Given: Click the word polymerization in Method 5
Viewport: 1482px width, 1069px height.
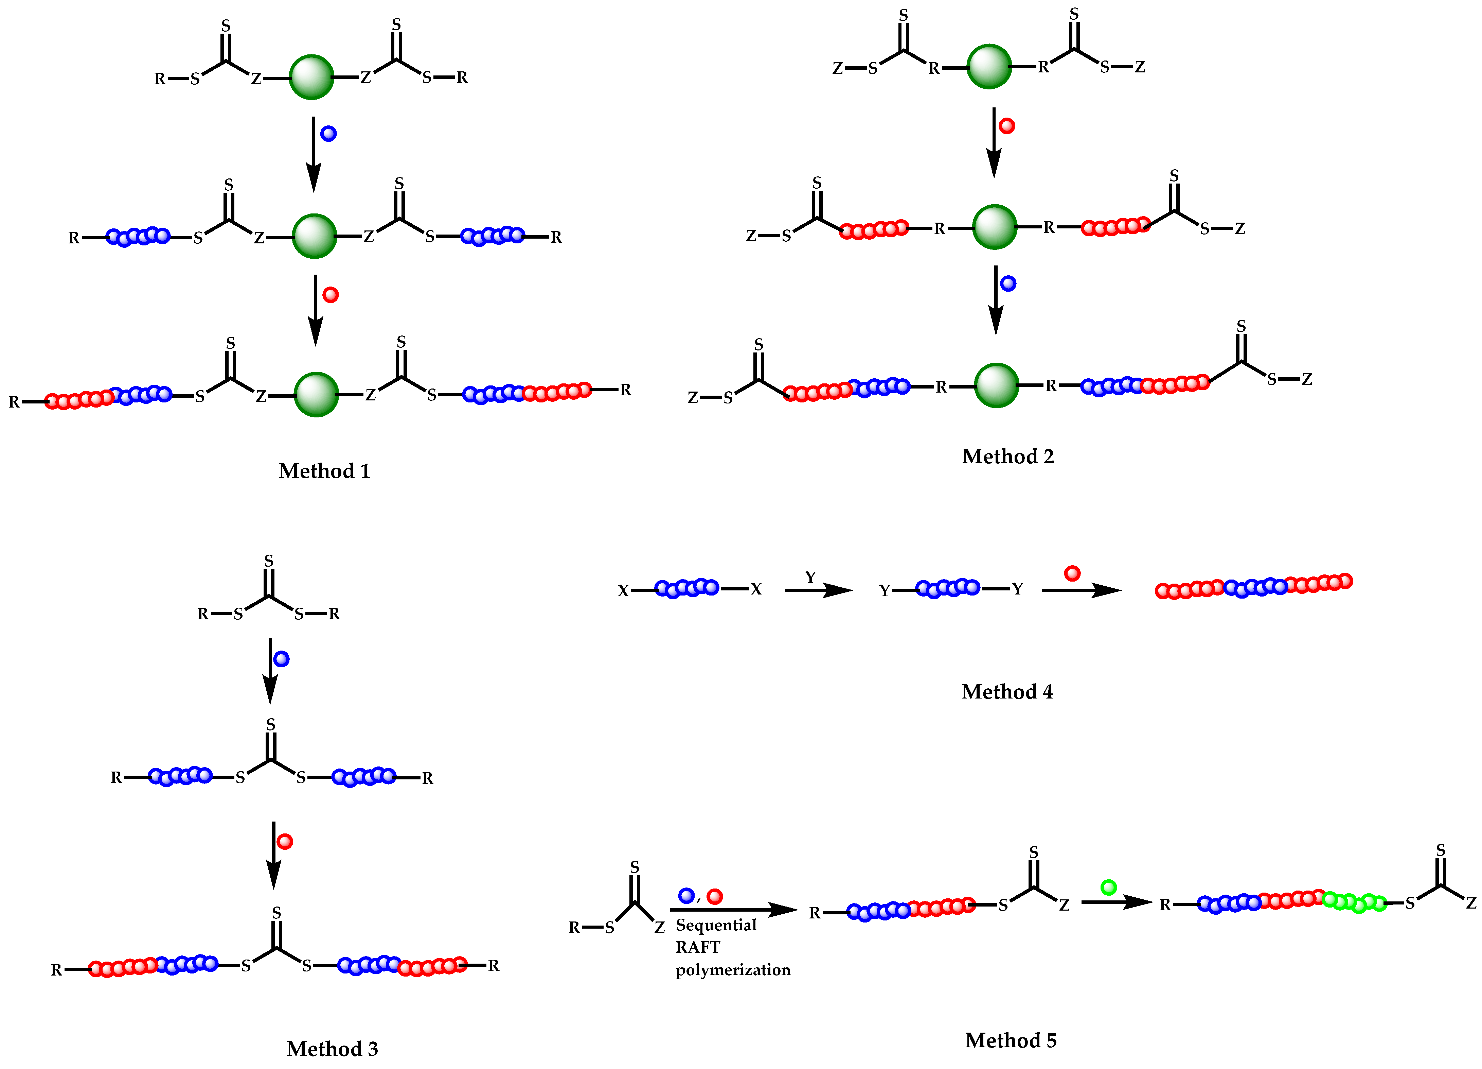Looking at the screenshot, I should coord(733,970).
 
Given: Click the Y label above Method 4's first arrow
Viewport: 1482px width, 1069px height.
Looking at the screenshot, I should coord(810,577).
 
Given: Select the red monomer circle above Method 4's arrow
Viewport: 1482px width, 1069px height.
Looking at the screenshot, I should coord(1072,573).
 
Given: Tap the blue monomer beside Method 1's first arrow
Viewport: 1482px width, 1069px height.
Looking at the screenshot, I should coord(329,133).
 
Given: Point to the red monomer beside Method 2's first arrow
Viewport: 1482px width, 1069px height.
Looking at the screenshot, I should coord(1007,125).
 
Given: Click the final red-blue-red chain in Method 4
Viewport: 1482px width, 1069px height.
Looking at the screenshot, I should coord(1253,586).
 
